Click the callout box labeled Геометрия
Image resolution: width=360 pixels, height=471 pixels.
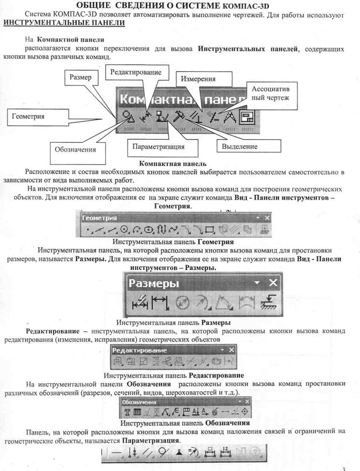tap(38, 117)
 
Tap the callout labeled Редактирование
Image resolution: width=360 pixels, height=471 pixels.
tap(137, 73)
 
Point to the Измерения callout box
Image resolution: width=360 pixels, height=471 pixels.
tap(204, 79)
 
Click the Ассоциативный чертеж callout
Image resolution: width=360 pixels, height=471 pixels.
tap(272, 96)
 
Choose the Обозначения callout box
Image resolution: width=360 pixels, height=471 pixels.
tap(78, 153)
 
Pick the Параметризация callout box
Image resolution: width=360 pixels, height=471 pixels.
tap(163, 147)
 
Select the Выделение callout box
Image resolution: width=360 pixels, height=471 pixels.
tap(249, 147)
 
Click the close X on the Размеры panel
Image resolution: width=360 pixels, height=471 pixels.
tap(273, 282)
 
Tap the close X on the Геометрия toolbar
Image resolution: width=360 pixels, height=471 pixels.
tap(267, 218)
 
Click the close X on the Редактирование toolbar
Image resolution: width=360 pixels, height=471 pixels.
tap(231, 350)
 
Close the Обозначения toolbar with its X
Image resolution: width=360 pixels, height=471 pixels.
tap(247, 402)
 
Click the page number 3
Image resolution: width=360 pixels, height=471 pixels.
tap(344, 469)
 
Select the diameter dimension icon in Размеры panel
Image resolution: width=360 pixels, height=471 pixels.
tap(182, 303)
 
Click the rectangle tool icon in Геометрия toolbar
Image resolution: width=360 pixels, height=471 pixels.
tap(210, 230)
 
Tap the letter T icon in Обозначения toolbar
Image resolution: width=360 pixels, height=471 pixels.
tap(127, 412)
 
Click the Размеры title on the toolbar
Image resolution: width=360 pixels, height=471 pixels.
tap(154, 283)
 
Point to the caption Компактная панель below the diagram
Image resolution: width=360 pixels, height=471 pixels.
tap(173, 164)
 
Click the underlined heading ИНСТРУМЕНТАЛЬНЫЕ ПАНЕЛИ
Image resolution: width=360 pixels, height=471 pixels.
tap(64, 23)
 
